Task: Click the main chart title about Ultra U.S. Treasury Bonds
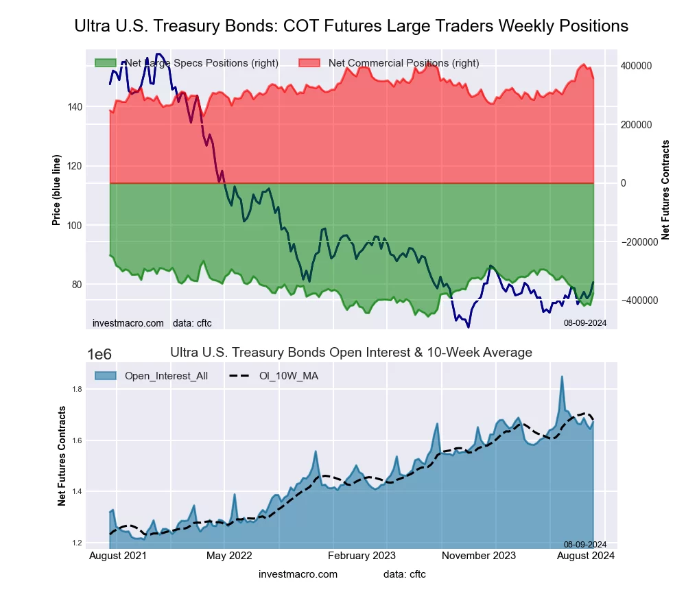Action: click(x=351, y=26)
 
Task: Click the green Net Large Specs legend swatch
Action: click(x=105, y=63)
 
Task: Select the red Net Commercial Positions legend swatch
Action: click(x=310, y=63)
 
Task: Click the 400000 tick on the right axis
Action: click(x=636, y=66)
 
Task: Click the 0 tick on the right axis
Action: click(x=624, y=183)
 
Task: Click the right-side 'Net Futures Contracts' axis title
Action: click(x=665, y=189)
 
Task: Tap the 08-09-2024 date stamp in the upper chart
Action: click(x=585, y=322)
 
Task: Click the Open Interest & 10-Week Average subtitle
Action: click(x=351, y=353)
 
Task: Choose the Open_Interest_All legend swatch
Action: click(x=105, y=376)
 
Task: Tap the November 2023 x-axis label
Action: click(x=477, y=555)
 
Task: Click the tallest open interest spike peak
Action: click(x=562, y=377)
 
